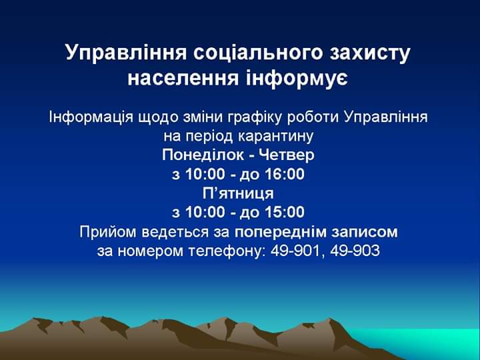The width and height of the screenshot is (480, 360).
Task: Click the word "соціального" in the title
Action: click(258, 53)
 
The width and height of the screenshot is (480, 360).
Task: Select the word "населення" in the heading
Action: click(183, 79)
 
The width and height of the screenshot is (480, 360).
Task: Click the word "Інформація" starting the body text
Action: click(91, 117)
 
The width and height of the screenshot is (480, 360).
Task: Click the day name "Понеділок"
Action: click(203, 155)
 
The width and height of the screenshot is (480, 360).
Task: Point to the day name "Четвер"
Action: click(287, 155)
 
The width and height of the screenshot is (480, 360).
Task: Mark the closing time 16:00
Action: click(285, 175)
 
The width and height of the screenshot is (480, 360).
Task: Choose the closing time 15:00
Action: click(285, 212)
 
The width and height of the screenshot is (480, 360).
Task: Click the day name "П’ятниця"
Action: click(238, 193)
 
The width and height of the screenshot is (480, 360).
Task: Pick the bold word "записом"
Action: click(364, 233)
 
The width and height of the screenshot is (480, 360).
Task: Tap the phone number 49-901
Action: click(294, 251)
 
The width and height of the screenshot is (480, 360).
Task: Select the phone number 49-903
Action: click(355, 251)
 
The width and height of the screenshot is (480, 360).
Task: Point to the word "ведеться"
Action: click(175, 233)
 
